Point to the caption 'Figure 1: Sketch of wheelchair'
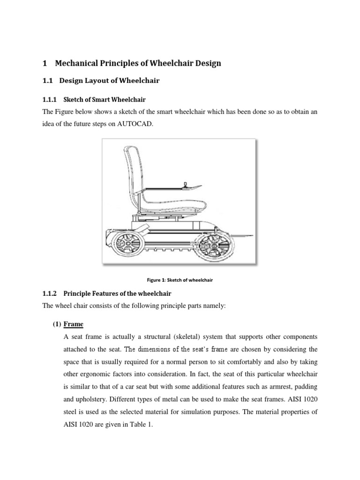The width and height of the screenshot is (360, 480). click(x=180, y=280)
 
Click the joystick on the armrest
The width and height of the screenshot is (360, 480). click(x=184, y=185)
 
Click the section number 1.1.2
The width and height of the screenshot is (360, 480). click(x=49, y=293)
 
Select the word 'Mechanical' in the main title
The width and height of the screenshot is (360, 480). click(x=78, y=63)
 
